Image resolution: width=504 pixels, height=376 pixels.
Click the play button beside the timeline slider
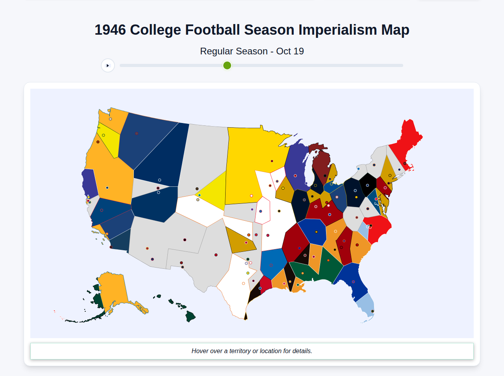[x=108, y=65]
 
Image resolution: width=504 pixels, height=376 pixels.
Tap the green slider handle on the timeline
[x=227, y=65]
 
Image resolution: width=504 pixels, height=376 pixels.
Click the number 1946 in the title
[x=110, y=30]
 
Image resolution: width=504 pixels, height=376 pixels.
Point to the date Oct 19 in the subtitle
[x=290, y=51]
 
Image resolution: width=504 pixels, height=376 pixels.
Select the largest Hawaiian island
[x=191, y=316]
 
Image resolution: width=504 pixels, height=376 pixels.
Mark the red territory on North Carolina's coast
[x=379, y=229]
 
